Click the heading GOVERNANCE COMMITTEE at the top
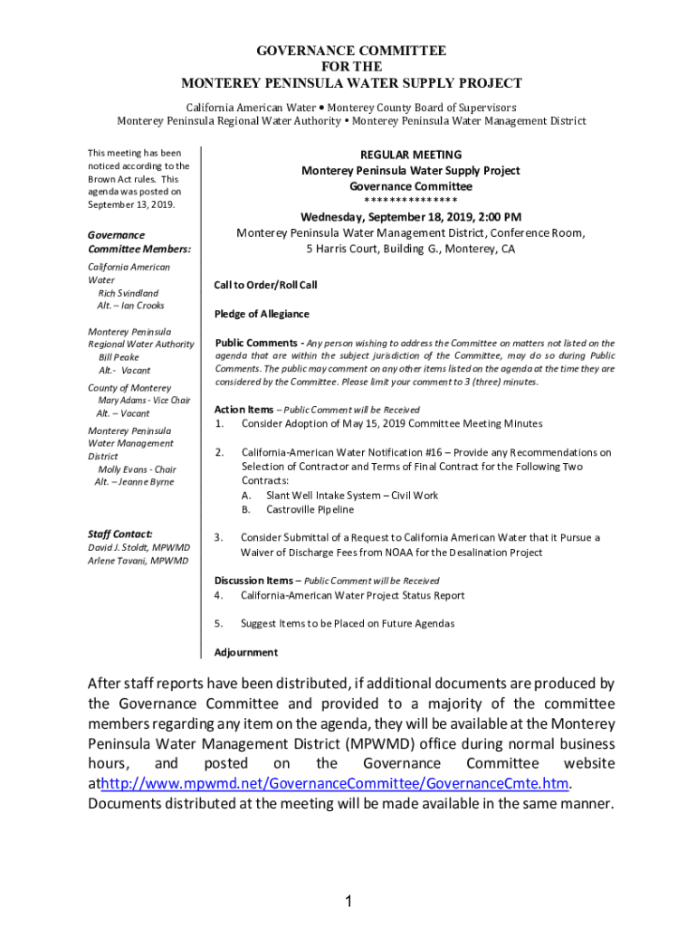pos(351,52)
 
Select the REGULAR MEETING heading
pos(410,155)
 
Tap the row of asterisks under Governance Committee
pos(410,201)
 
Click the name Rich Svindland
pos(129,293)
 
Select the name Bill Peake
pos(119,357)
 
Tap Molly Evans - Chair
pos(137,469)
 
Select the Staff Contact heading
pos(120,534)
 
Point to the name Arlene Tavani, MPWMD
pos(138,561)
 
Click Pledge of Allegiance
pos(262,314)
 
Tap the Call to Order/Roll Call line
pos(265,285)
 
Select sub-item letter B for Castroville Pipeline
pos(245,510)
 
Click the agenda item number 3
pos(218,537)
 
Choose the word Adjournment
pos(245,652)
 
